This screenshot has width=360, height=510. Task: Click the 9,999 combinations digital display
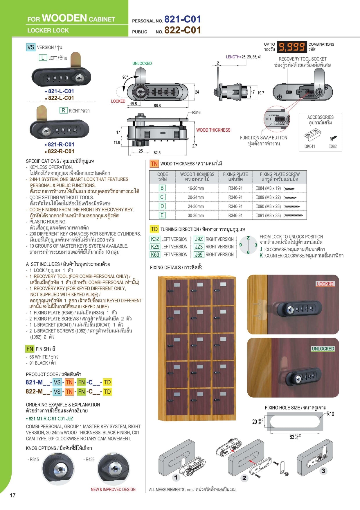[x=292, y=47]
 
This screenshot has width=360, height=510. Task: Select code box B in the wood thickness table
[x=162, y=188]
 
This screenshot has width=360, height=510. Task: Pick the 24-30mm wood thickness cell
[x=196, y=206]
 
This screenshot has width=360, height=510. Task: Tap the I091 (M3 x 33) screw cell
[x=268, y=215]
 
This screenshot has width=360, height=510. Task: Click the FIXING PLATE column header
[x=235, y=177]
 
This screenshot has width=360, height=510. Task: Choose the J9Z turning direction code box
[x=199, y=239]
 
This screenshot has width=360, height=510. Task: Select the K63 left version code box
[x=155, y=255]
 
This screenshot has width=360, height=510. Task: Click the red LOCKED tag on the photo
[x=325, y=284]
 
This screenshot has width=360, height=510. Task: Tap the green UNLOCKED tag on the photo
[x=323, y=349]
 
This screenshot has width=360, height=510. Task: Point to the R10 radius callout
[x=330, y=414]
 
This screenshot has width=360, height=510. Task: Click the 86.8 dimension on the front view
[x=157, y=105]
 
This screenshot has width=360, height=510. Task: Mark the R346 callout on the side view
[x=196, y=112]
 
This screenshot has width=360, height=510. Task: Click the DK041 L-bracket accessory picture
[x=312, y=136]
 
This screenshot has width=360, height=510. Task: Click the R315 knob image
[x=57, y=468]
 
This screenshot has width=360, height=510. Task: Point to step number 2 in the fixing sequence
[x=244, y=478]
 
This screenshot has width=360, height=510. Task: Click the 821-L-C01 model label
[x=61, y=91]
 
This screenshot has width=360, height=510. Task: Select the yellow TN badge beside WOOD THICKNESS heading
[x=154, y=164]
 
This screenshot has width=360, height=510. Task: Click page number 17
[x=12, y=495]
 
